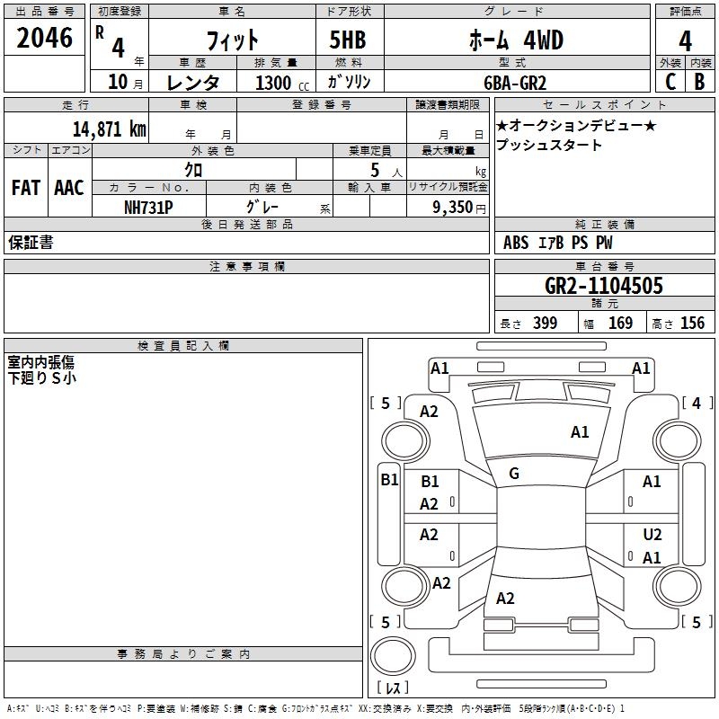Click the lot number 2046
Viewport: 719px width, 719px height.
click(x=46, y=38)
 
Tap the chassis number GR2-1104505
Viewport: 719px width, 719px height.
click(x=604, y=287)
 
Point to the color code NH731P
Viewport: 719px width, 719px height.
click(x=148, y=206)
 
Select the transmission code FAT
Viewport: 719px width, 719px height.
click(x=25, y=188)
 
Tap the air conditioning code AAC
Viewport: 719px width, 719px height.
click(x=69, y=188)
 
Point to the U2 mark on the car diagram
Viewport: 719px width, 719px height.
click(x=652, y=534)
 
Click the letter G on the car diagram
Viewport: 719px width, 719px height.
click(x=513, y=474)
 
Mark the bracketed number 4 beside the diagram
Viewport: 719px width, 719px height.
click(x=697, y=404)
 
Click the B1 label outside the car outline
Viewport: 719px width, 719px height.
click(x=388, y=479)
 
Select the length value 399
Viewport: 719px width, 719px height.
click(x=545, y=324)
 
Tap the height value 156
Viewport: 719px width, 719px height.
click(x=692, y=324)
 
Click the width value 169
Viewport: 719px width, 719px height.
click(x=620, y=324)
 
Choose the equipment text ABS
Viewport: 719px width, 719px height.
click(x=516, y=243)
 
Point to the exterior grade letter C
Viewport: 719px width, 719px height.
click(x=670, y=81)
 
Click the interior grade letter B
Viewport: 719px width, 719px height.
click(x=699, y=81)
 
